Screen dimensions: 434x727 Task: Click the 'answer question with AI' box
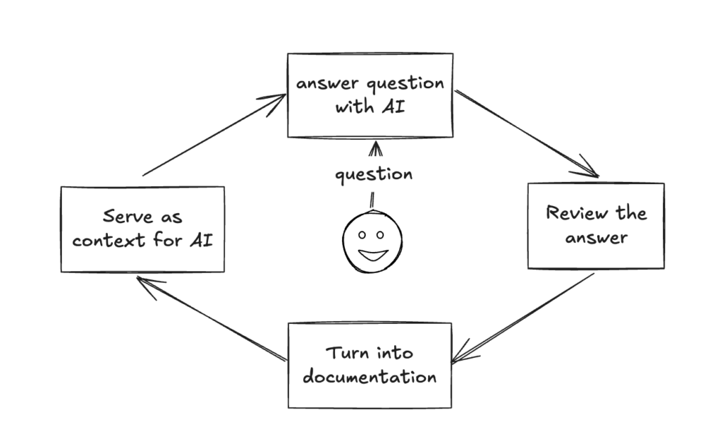tap(369, 95)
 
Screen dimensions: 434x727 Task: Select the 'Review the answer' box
tap(596, 226)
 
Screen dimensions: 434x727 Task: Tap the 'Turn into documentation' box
tap(369, 365)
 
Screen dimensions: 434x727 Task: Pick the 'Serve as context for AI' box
tap(142, 229)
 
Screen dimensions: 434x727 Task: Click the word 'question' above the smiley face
tap(373, 173)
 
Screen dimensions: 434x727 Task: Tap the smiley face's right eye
tap(380, 234)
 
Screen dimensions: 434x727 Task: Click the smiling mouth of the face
tap(372, 254)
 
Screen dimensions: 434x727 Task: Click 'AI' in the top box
tap(401, 109)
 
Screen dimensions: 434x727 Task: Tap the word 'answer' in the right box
tap(596, 237)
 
